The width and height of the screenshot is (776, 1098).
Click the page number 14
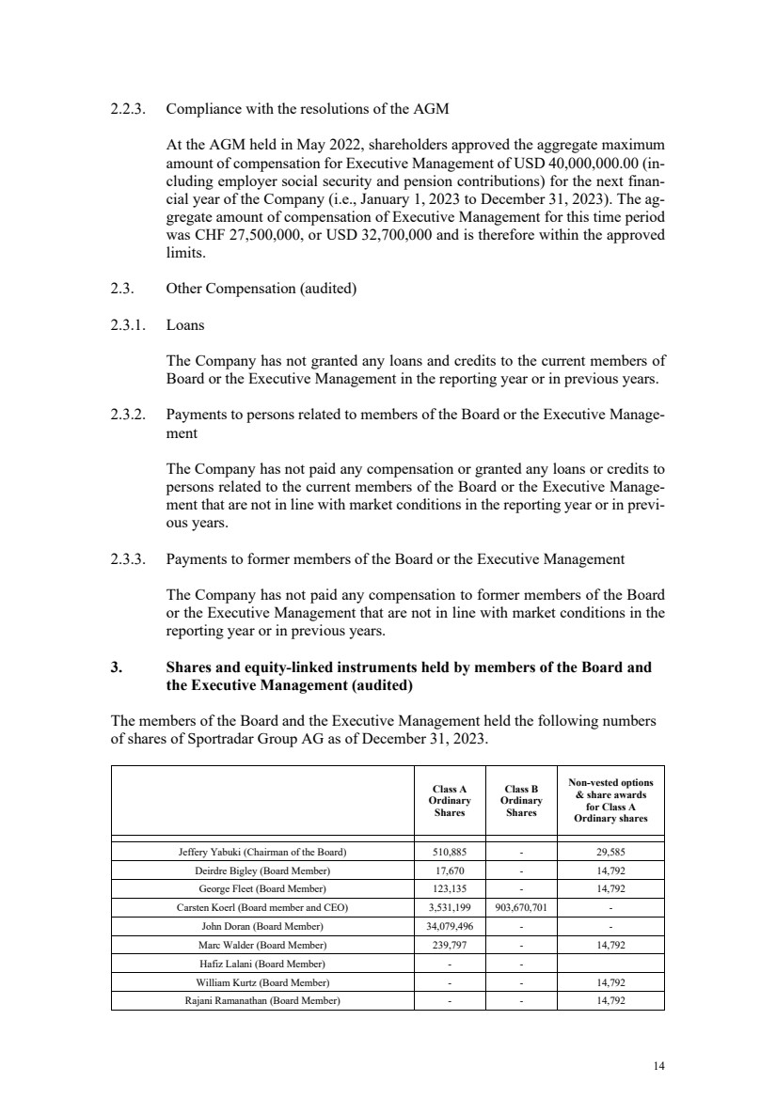pos(658,1065)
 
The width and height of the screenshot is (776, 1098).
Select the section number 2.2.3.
pos(127,109)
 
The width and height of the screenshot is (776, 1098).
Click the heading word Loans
pos(184,325)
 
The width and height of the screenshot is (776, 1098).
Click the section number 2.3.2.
pos(127,416)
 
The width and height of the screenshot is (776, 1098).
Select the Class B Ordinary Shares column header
pos(521,801)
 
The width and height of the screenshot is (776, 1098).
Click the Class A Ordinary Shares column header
pos(449,801)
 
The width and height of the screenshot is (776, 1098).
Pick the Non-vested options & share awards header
pos(610,801)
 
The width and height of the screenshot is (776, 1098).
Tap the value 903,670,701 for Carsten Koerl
pos(521,908)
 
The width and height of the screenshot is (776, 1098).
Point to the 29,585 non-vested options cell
pos(610,853)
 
